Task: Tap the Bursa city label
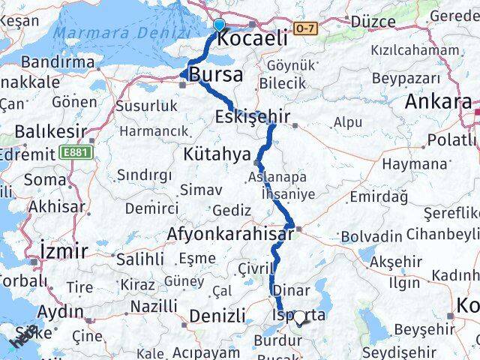tap(216, 74)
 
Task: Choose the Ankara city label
tap(439, 102)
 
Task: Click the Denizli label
tap(218, 316)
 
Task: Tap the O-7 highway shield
tap(306, 28)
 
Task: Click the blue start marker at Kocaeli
tap(218, 25)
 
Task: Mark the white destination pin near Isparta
tap(301, 318)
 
